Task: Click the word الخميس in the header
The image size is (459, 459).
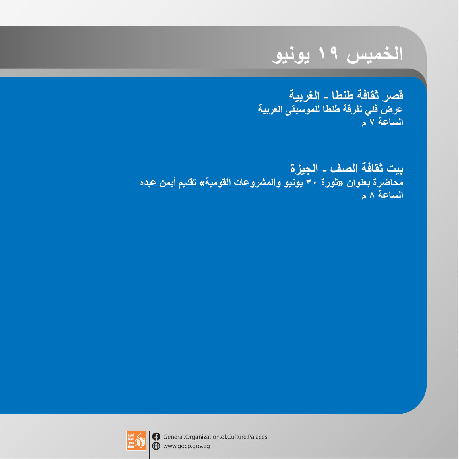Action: tap(375, 54)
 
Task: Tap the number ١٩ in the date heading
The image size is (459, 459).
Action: tap(328, 53)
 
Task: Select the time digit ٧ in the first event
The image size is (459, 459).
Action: tap(372, 122)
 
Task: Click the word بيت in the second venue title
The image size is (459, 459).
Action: tap(395, 168)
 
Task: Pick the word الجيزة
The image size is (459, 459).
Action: tap(304, 168)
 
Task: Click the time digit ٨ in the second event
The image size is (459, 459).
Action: tap(372, 195)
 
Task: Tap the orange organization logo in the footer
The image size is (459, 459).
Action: tap(136, 440)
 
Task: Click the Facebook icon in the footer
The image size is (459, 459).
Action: tap(156, 437)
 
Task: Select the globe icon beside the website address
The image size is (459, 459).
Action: tap(156, 446)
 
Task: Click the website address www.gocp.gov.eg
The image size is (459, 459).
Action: tap(187, 446)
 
